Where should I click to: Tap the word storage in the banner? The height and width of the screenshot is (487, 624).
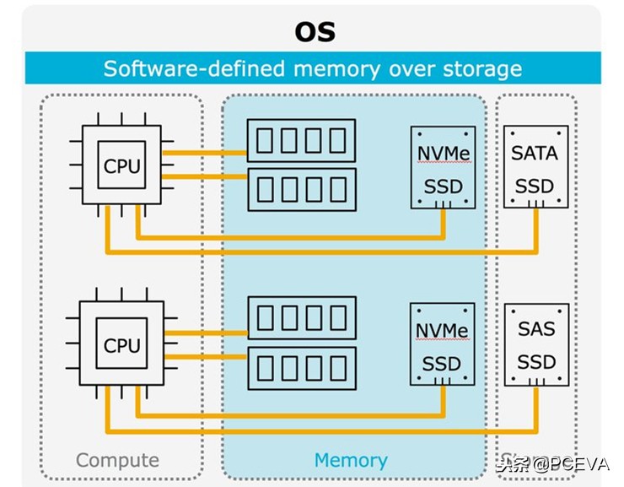(x=481, y=68)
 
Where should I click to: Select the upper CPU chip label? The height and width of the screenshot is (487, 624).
(x=122, y=166)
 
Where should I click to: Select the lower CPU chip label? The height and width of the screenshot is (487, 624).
(x=122, y=344)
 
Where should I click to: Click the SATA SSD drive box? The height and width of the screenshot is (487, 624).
(x=535, y=167)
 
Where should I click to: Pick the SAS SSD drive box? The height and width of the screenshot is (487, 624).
(x=536, y=344)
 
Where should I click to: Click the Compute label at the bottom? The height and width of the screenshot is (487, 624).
(x=117, y=460)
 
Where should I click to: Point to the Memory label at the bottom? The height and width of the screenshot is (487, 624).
(x=351, y=460)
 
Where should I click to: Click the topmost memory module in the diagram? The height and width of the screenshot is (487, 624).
(x=302, y=140)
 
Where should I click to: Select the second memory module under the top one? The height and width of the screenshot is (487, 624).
(x=302, y=188)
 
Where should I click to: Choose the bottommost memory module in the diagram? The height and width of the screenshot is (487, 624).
(x=302, y=367)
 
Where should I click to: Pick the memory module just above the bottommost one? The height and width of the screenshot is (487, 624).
(x=302, y=318)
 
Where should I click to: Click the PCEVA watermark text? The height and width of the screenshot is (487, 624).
(x=552, y=463)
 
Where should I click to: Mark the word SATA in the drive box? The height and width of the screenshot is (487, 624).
(x=535, y=153)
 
